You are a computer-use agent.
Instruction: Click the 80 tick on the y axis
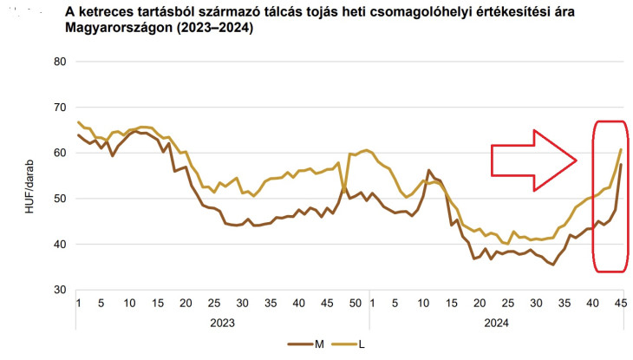click(59, 62)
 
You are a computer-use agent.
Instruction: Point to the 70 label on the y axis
click(59, 108)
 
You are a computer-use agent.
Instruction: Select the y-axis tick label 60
click(59, 153)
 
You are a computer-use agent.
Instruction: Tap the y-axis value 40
click(59, 245)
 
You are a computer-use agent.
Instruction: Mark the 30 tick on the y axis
click(59, 290)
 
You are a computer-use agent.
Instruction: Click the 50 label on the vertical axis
click(59, 199)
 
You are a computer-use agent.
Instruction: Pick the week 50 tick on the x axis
click(354, 302)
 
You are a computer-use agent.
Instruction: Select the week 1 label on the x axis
click(78, 302)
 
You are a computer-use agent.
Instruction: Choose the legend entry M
click(319, 344)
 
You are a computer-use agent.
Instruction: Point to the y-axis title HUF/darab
click(31, 176)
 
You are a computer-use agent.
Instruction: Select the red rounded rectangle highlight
click(608, 196)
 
